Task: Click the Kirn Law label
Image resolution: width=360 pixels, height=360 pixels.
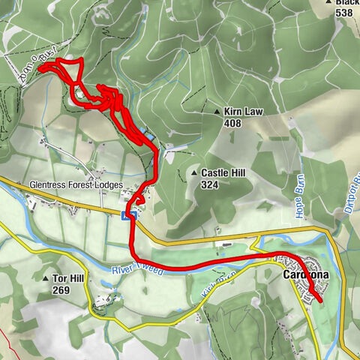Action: pyautogui.click(x=244, y=111)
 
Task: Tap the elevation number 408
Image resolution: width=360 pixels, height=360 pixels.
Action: pyautogui.click(x=232, y=122)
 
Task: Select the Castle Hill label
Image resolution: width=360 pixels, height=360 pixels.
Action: pyautogui.click(x=223, y=173)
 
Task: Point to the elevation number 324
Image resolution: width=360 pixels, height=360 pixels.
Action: pyautogui.click(x=209, y=184)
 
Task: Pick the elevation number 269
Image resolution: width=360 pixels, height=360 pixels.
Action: pyautogui.click(x=61, y=288)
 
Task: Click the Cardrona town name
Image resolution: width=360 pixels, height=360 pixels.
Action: pyautogui.click(x=307, y=275)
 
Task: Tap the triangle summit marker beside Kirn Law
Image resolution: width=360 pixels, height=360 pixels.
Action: pyautogui.click(x=217, y=112)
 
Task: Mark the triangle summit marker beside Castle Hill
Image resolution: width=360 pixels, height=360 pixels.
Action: pyautogui.click(x=194, y=173)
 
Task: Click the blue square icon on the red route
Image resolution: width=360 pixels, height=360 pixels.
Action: pyautogui.click(x=126, y=215)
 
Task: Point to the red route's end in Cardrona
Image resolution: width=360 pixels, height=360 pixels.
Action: pyautogui.click(x=321, y=301)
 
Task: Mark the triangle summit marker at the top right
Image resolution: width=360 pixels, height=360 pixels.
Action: pyautogui.click(x=328, y=3)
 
